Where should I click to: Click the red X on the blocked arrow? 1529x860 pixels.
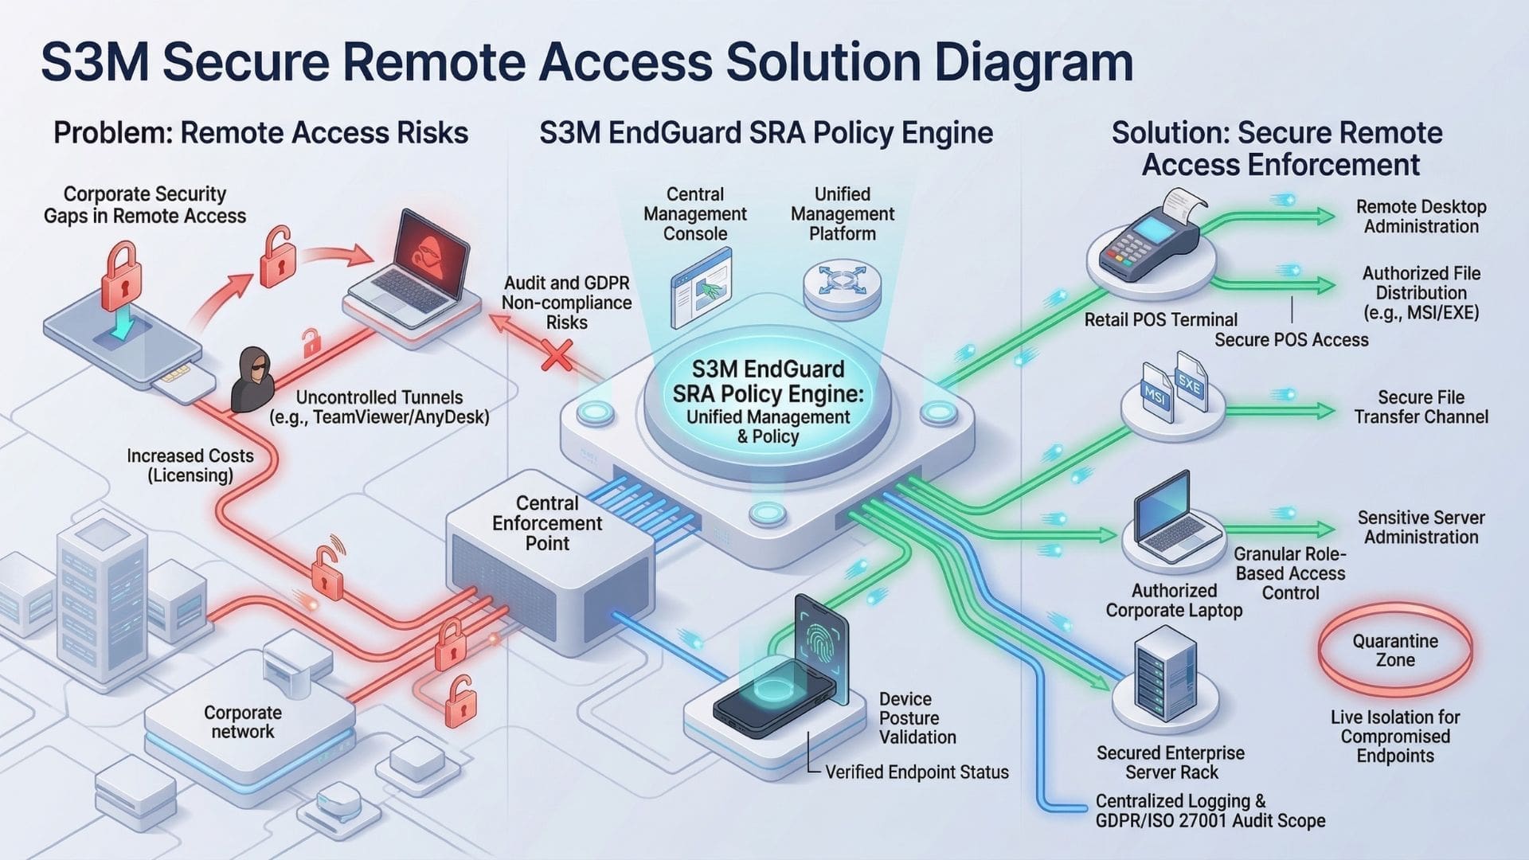tap(557, 355)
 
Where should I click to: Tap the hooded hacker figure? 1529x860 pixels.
tap(252, 379)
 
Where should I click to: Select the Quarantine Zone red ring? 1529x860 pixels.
tap(1394, 650)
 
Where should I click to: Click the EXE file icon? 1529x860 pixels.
tap(1191, 384)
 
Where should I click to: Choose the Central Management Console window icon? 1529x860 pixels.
tap(701, 287)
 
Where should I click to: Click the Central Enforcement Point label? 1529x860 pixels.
tap(547, 523)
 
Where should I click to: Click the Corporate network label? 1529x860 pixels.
tap(242, 721)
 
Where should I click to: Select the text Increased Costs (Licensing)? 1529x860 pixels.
tap(190, 466)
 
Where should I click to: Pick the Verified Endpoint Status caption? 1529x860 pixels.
tap(916, 772)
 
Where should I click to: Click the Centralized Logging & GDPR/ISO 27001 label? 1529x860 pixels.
tap(1209, 811)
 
